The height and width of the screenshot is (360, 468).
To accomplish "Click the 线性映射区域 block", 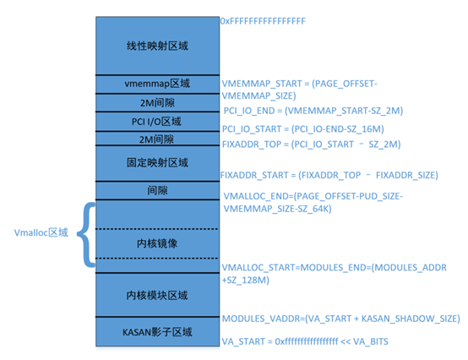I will pos(156,45).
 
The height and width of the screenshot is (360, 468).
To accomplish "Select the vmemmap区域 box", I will pos(156,84).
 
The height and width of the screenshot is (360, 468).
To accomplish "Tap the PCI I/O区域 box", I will pos(156,121).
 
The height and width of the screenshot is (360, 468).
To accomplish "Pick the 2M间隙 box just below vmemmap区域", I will pos(156,102).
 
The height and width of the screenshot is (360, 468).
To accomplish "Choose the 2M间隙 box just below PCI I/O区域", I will pos(156,139).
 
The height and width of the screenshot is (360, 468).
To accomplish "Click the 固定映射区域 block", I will pos(156,162).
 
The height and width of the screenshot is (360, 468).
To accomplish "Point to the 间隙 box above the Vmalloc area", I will pos(156,190).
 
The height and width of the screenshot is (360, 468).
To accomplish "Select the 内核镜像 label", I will pos(156,243).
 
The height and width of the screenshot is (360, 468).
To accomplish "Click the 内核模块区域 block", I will pos(156,296).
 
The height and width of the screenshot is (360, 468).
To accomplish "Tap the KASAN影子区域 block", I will pos(156,331).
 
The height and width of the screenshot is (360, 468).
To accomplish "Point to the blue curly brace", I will pos(84,234).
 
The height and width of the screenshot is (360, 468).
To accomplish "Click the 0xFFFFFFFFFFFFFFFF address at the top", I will pos(263,19).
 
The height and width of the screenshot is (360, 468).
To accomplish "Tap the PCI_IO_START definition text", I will pos(303,128).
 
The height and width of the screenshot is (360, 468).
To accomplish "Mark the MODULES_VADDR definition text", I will pos(340,319).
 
